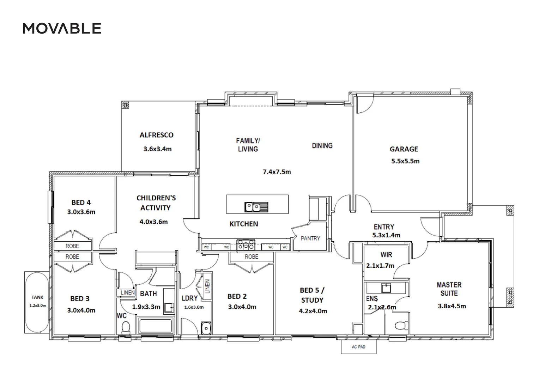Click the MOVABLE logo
pos(62,28)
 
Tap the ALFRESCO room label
pos(157,135)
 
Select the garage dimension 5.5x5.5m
pos(405,161)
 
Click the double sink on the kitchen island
pos(256,207)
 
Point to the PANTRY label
pos(310,238)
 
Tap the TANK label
pos(37,297)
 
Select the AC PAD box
pos(359,347)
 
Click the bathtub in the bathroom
pos(156,326)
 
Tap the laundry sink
pos(206,328)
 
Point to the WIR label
pos(386,255)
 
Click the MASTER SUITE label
pos(449,289)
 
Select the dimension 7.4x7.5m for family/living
pos(277,172)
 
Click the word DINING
pos(322,146)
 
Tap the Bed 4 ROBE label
pos(72,246)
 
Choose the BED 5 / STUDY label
pos(312,295)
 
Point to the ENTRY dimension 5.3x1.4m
pos(386,235)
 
